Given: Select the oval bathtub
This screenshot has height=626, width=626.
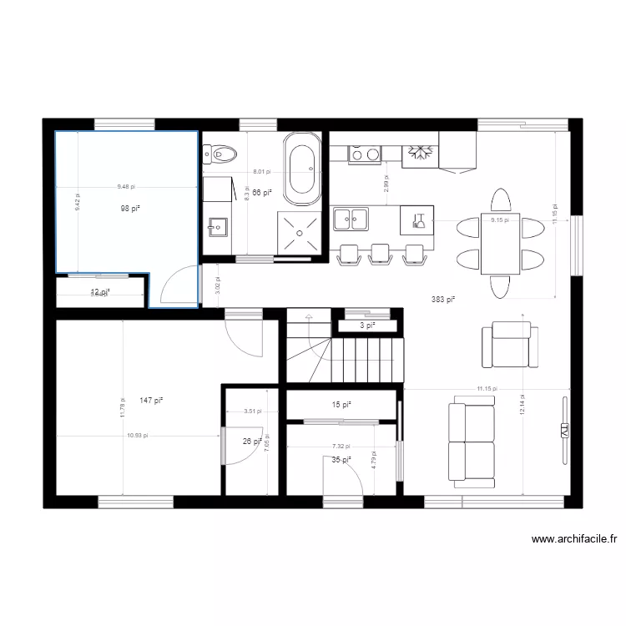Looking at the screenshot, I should (x=301, y=169).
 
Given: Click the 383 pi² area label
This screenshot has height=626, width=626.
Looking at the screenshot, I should (x=443, y=299).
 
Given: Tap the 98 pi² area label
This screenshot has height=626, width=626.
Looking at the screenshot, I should (x=129, y=208).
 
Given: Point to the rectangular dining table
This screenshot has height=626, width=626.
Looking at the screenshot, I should (x=499, y=243).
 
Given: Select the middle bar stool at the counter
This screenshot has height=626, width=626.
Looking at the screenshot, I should (x=380, y=255).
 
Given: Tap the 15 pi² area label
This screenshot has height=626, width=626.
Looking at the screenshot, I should (x=341, y=405).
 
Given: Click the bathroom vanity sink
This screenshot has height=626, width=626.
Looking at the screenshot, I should (x=217, y=225).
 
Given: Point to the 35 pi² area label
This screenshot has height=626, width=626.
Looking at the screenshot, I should (x=341, y=459).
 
